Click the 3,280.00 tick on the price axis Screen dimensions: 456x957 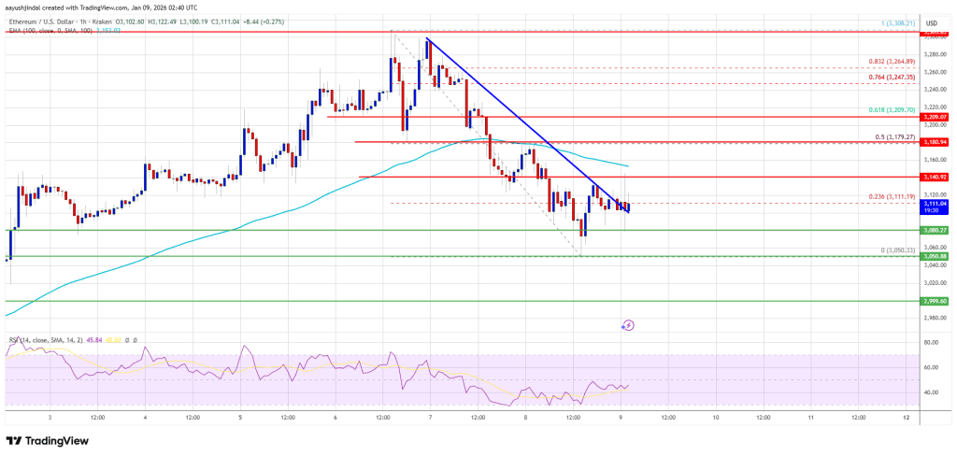(930, 53)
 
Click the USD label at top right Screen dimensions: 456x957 (931, 21)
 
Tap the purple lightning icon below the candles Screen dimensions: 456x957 (628, 325)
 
